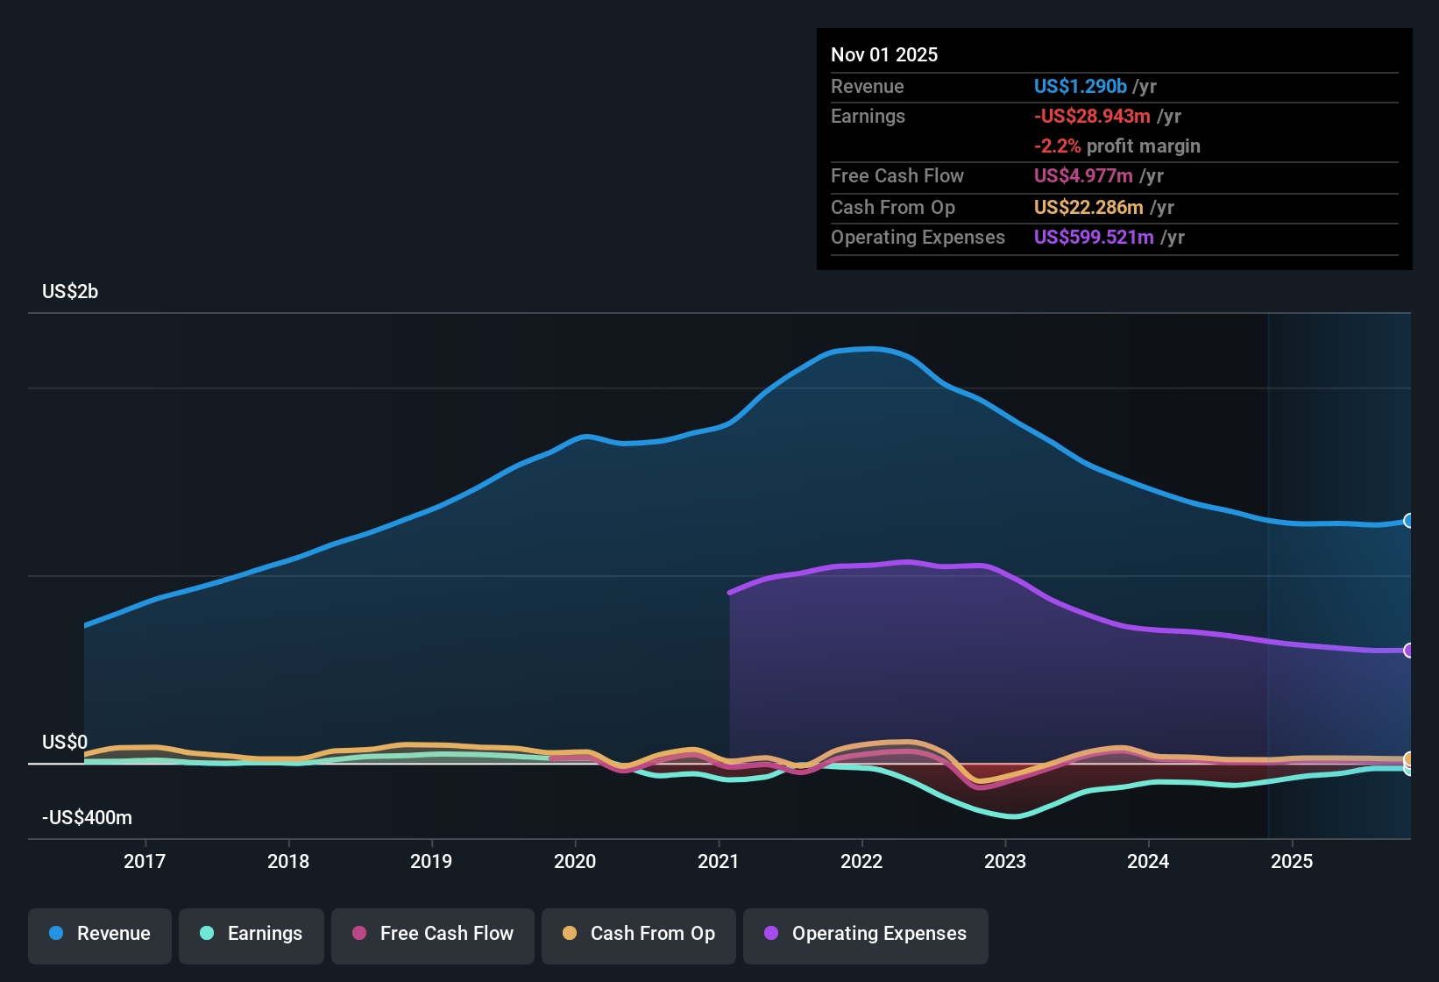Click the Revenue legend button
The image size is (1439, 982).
click(x=100, y=934)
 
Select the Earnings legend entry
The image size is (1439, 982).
click(x=252, y=934)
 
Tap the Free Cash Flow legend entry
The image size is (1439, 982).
click(x=433, y=934)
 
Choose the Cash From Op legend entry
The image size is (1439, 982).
click(x=639, y=934)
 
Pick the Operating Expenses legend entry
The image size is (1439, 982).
click(x=866, y=934)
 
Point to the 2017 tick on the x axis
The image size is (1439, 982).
click(x=145, y=861)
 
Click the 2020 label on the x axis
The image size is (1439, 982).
click(x=575, y=861)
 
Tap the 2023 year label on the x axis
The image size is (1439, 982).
click(x=1005, y=861)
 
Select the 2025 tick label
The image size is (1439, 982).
click(x=1292, y=861)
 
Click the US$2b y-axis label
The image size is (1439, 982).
click(x=70, y=292)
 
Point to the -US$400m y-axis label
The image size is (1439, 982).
click(x=87, y=818)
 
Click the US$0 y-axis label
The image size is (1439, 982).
click(x=65, y=743)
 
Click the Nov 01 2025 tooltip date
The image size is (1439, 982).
click(x=884, y=55)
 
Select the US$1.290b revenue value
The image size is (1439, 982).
click(x=1080, y=87)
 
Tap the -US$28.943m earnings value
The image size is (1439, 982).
click(x=1092, y=117)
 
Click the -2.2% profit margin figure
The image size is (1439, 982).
click(x=1057, y=146)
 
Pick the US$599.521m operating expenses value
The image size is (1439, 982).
click(x=1094, y=238)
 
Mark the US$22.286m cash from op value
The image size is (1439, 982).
click(x=1088, y=208)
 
